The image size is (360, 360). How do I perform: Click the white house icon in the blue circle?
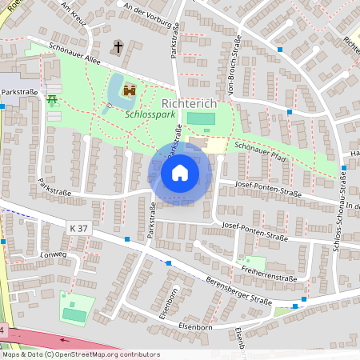[x=180, y=173]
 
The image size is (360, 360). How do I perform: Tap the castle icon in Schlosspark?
[x=130, y=92]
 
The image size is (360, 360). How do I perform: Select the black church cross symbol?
[x=117, y=47]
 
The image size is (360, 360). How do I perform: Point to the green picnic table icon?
[x=53, y=100]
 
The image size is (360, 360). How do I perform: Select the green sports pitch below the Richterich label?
[x=201, y=119]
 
